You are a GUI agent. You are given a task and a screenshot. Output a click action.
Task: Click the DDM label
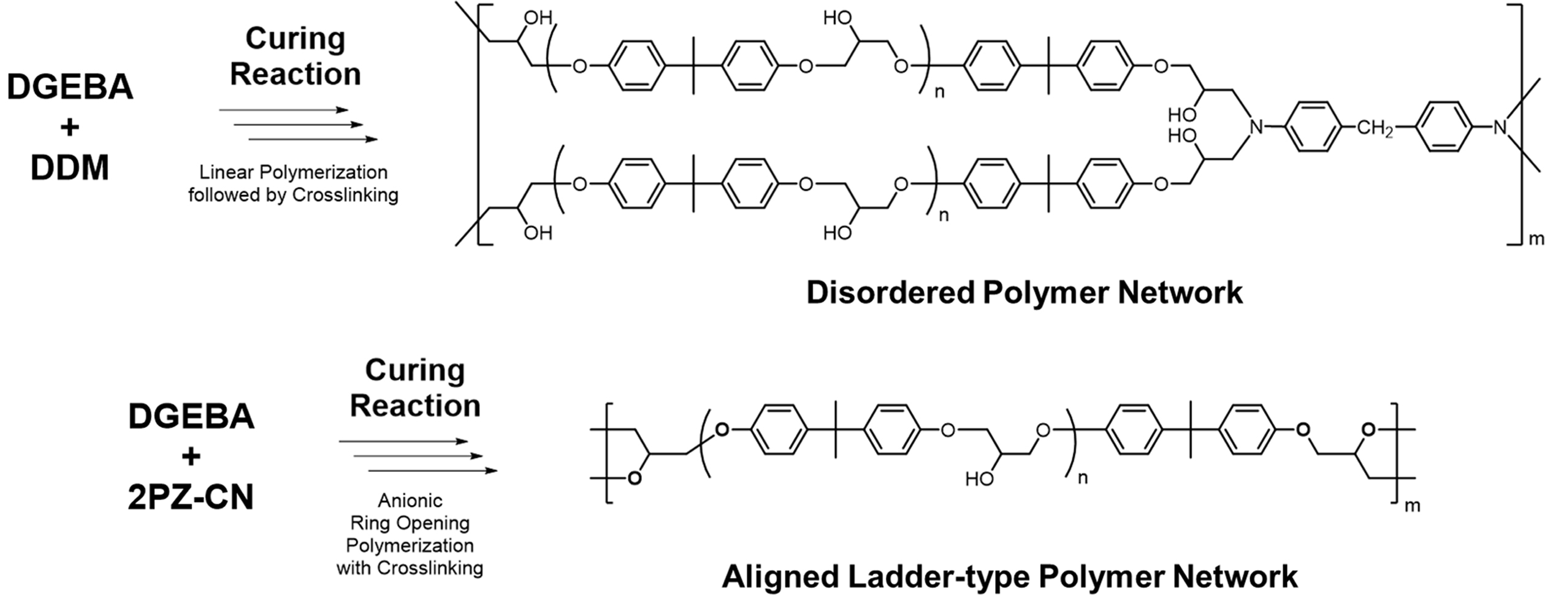pos(70,167)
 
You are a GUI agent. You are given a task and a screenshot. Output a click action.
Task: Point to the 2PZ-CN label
pos(191,496)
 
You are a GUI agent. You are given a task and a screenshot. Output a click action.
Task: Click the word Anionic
pos(410,501)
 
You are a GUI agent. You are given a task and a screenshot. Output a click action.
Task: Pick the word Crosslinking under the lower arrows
pos(430,568)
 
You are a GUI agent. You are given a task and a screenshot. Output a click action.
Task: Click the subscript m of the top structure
pos(1535,238)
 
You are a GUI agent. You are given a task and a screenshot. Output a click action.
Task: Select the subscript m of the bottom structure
pos(1412,506)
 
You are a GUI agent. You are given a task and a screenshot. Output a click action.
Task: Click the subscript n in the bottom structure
pos(1083,478)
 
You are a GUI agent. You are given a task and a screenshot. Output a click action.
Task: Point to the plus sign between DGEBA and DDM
pos(70,127)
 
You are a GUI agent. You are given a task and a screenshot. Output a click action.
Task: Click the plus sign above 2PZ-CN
pos(191,457)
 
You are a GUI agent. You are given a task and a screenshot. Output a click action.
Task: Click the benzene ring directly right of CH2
pos(1444,127)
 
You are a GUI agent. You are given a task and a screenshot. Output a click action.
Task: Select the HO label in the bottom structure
pos(979,479)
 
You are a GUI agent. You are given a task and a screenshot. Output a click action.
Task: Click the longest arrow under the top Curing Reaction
pos(313,139)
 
